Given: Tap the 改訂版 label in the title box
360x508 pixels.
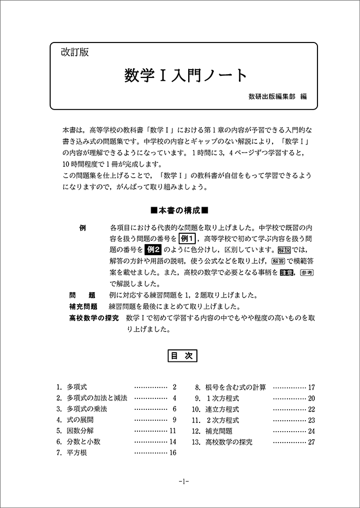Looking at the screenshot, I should click(75, 53).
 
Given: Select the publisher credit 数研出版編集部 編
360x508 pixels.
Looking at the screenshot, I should click(277, 97).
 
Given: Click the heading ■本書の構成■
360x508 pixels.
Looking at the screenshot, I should click(179, 210).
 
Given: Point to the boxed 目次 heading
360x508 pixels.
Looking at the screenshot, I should click(179, 356).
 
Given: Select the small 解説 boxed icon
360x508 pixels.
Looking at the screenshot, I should click(284, 250).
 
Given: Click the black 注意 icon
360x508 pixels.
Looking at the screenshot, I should click(287, 273).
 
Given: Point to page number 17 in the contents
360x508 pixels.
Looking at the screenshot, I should click(311, 387).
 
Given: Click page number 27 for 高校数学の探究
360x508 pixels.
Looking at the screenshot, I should click(311, 442).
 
